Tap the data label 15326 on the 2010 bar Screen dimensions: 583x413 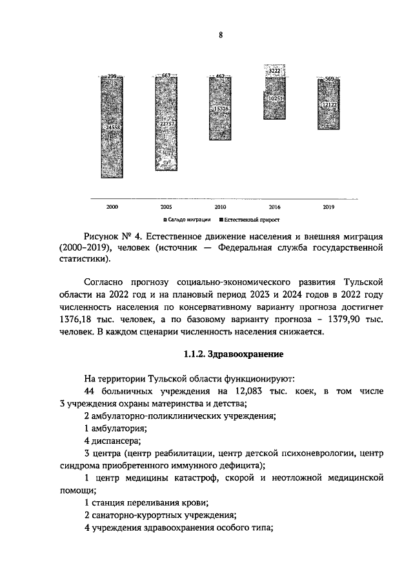219,110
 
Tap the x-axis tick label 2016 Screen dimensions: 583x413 275,207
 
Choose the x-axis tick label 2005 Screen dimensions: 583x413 166,207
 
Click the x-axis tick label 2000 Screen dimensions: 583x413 112,207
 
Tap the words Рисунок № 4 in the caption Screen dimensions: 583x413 110,237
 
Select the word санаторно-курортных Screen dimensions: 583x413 133,515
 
